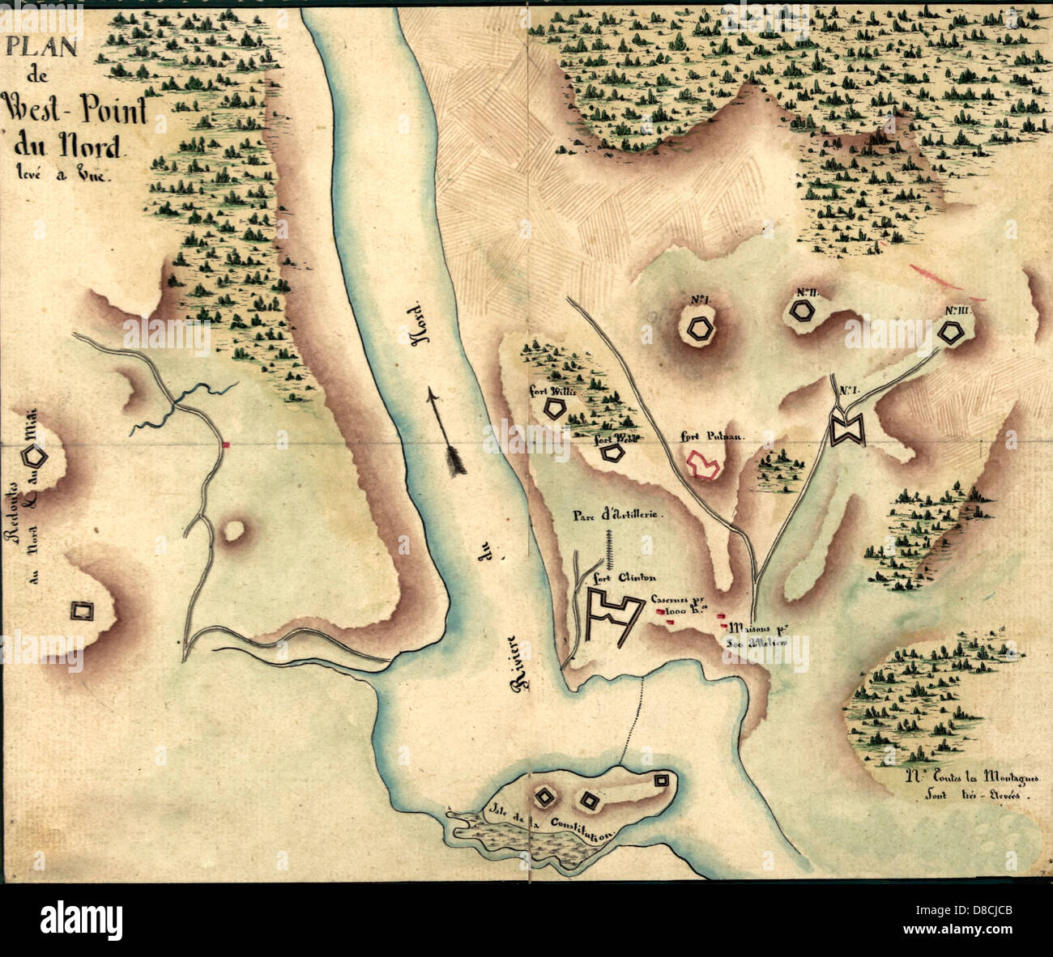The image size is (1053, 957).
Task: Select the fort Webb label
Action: pos(614,439)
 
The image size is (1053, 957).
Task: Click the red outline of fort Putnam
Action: pos(703,465)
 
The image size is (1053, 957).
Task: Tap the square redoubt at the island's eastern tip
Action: pos(662,780)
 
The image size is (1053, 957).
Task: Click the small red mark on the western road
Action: pos(228,444)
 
